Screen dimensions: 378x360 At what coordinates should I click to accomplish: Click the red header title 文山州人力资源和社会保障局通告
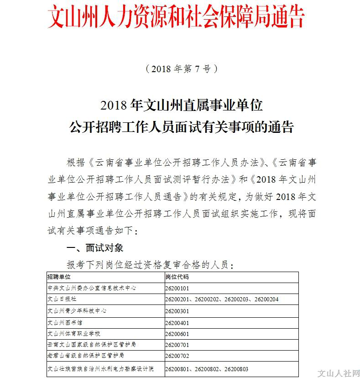pos(176,17)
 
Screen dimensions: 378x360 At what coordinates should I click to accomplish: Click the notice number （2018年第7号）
pos(181,69)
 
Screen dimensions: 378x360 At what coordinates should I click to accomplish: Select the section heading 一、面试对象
pos(95,248)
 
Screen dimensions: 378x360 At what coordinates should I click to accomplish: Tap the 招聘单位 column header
pos(59,277)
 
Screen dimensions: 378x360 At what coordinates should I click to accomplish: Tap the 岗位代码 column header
pos(177,277)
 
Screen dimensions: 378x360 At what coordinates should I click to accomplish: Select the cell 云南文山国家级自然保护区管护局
pos(91,345)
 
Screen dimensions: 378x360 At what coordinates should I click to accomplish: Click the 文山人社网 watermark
pos(338,372)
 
